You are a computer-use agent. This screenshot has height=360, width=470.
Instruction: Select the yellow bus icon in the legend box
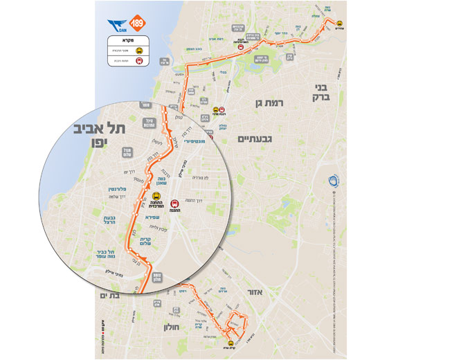point(139,50)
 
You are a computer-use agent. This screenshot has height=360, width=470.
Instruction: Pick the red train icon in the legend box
point(139,61)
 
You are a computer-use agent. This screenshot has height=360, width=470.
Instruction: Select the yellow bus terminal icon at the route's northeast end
point(339,22)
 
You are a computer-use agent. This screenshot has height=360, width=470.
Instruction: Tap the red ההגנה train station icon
point(175,204)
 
